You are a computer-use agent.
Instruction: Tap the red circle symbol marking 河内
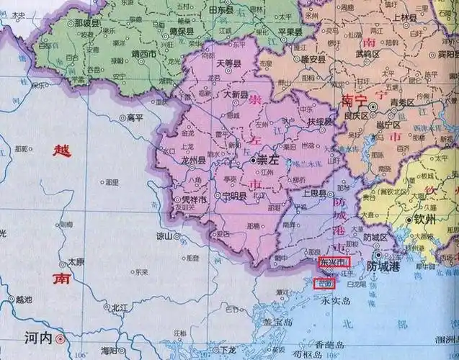[61, 337]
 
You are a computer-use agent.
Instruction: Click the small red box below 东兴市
[324, 282]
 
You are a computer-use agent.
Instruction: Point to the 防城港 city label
[383, 266]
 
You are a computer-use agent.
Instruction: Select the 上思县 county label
[316, 194]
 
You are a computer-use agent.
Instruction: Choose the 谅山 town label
[164, 236]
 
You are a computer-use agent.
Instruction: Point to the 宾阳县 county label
[445, 54]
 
